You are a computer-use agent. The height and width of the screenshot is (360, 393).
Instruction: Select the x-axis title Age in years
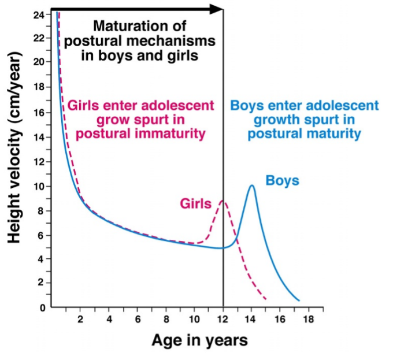199,340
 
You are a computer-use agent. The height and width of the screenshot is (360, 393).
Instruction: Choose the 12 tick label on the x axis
223,320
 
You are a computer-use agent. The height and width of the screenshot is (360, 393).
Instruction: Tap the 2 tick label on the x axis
80,320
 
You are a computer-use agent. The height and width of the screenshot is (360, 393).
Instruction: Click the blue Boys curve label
282,180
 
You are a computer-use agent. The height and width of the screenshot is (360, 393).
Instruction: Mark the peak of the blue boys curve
251,185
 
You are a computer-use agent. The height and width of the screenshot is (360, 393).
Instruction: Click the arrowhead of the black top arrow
217,9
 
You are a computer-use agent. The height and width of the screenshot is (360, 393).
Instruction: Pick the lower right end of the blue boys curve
299,300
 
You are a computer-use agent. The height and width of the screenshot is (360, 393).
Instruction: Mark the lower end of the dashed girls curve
265,299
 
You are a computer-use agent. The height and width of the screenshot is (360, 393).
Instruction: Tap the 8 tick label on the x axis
166,320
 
